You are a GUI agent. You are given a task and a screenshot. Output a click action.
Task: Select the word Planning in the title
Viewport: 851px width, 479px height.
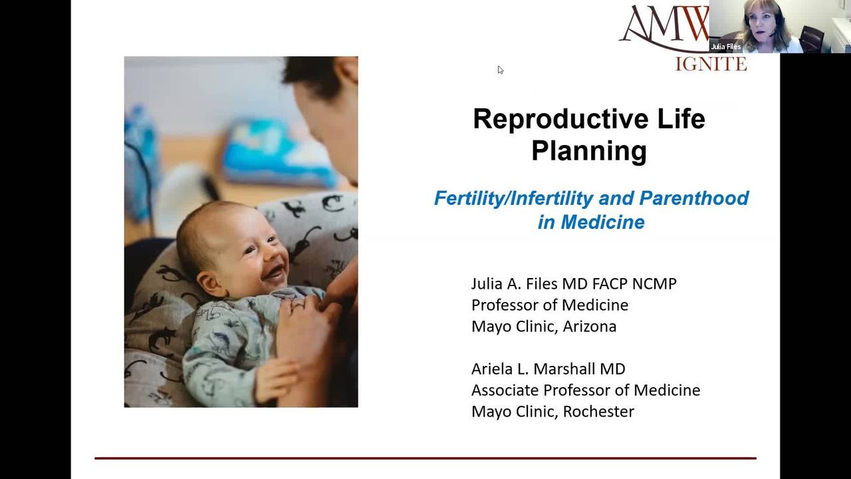(589, 152)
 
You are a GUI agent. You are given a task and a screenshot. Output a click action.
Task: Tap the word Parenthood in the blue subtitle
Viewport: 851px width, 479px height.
(693, 198)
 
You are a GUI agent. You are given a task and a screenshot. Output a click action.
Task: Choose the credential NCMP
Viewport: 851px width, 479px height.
(654, 284)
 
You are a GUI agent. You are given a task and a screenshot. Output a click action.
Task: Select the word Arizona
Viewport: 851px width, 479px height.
(589, 327)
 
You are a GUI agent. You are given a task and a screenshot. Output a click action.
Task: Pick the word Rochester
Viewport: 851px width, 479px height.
(598, 412)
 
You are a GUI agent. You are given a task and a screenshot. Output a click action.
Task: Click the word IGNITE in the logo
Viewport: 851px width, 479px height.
(711, 64)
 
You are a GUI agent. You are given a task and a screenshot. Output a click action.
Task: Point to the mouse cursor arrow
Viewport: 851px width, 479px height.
(501, 70)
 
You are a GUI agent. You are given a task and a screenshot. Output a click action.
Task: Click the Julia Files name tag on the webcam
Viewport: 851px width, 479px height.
(725, 47)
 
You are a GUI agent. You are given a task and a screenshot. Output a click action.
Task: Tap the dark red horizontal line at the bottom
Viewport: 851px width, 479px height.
(425, 458)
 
